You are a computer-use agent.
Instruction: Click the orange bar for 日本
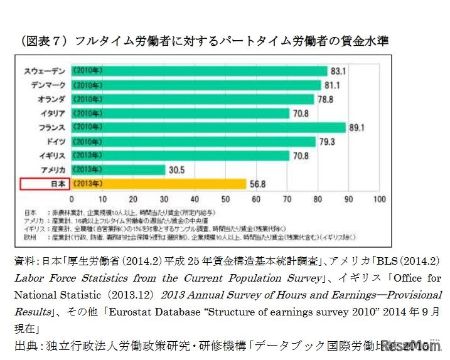tap(158, 184)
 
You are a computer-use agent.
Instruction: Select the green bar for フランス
tap(208, 127)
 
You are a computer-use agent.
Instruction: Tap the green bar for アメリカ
tap(118, 170)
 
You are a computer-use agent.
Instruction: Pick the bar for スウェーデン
tap(199, 71)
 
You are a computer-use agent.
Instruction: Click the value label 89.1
tap(357, 127)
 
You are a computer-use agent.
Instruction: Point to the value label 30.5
tap(176, 170)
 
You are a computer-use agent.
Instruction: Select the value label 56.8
tap(257, 184)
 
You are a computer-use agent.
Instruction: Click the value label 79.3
tap(327, 142)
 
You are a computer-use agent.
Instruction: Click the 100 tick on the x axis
tap(379, 199)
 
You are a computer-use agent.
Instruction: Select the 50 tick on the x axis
tap(225, 199)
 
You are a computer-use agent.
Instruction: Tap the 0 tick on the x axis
tap(72, 199)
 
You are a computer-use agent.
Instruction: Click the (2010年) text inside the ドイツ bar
tap(88, 142)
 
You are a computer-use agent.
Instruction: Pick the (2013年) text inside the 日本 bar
tap(88, 184)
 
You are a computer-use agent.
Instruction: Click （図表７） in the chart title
tap(44, 41)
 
